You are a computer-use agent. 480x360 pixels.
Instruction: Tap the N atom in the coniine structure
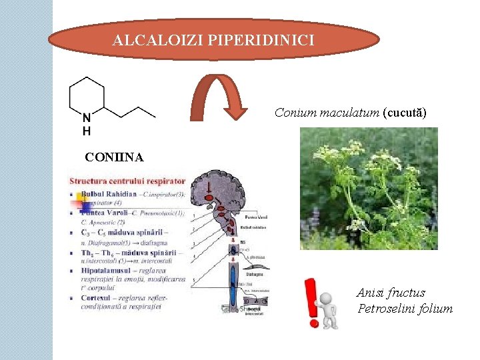tap(87, 116)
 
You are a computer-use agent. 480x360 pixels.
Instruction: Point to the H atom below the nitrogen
tap(87, 131)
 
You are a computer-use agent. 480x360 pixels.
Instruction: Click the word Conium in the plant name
tap(293, 113)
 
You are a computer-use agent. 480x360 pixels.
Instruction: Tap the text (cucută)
tap(404, 113)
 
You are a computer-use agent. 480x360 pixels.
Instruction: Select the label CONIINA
tap(113, 157)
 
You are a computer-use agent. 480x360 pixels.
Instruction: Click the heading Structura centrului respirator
tap(127, 181)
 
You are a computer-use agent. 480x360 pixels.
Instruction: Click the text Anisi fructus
tap(391, 293)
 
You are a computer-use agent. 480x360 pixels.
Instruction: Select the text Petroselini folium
tap(405, 309)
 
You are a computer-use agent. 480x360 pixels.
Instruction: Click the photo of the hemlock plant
tap(369, 188)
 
